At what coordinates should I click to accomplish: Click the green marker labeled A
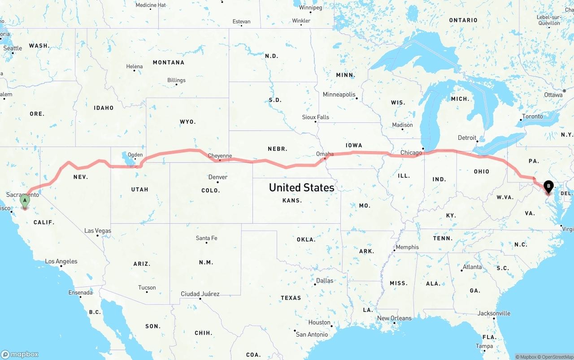(x=25, y=201)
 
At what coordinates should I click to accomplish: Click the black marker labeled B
(x=548, y=186)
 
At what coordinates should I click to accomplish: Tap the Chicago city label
(x=411, y=152)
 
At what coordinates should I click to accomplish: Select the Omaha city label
(x=325, y=154)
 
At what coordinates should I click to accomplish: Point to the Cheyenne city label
(x=220, y=156)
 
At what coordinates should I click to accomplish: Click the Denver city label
(x=218, y=177)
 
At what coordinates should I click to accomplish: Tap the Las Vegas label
(x=98, y=231)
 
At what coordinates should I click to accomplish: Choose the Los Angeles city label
(x=61, y=261)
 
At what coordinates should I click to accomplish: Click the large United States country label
(x=301, y=187)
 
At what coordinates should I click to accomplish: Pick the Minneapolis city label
(x=339, y=95)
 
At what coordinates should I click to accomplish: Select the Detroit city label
(x=467, y=138)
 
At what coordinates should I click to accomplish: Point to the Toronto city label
(x=532, y=117)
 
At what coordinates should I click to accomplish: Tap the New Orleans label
(x=394, y=318)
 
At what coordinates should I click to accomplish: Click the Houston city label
(x=319, y=322)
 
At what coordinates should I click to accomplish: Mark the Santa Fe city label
(x=206, y=238)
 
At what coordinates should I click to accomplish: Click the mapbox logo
(x=20, y=354)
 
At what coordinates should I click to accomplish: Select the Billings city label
(x=176, y=80)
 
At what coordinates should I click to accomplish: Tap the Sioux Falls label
(x=315, y=117)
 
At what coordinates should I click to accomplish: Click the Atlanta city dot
(x=462, y=270)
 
